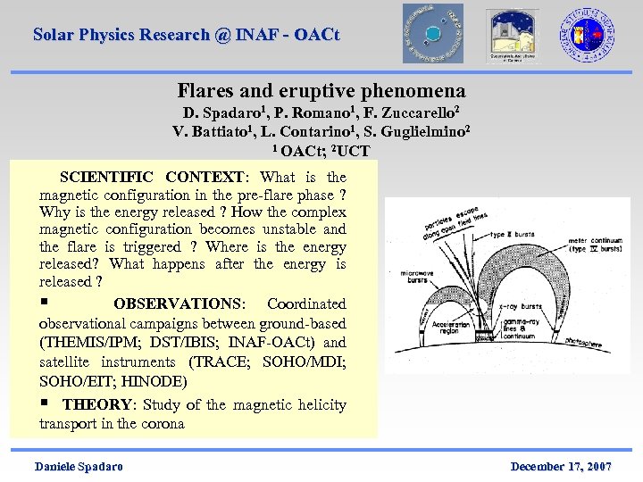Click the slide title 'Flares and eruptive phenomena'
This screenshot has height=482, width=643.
click(321, 91)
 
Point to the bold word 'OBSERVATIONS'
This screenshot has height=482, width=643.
click(179, 304)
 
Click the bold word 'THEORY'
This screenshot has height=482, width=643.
click(96, 405)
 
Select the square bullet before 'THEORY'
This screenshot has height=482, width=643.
click(44, 403)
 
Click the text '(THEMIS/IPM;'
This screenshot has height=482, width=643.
click(83, 343)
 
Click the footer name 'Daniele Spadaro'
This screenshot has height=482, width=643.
click(79, 467)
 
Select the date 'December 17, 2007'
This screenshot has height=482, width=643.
click(561, 467)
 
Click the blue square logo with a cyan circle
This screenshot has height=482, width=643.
click(432, 33)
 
